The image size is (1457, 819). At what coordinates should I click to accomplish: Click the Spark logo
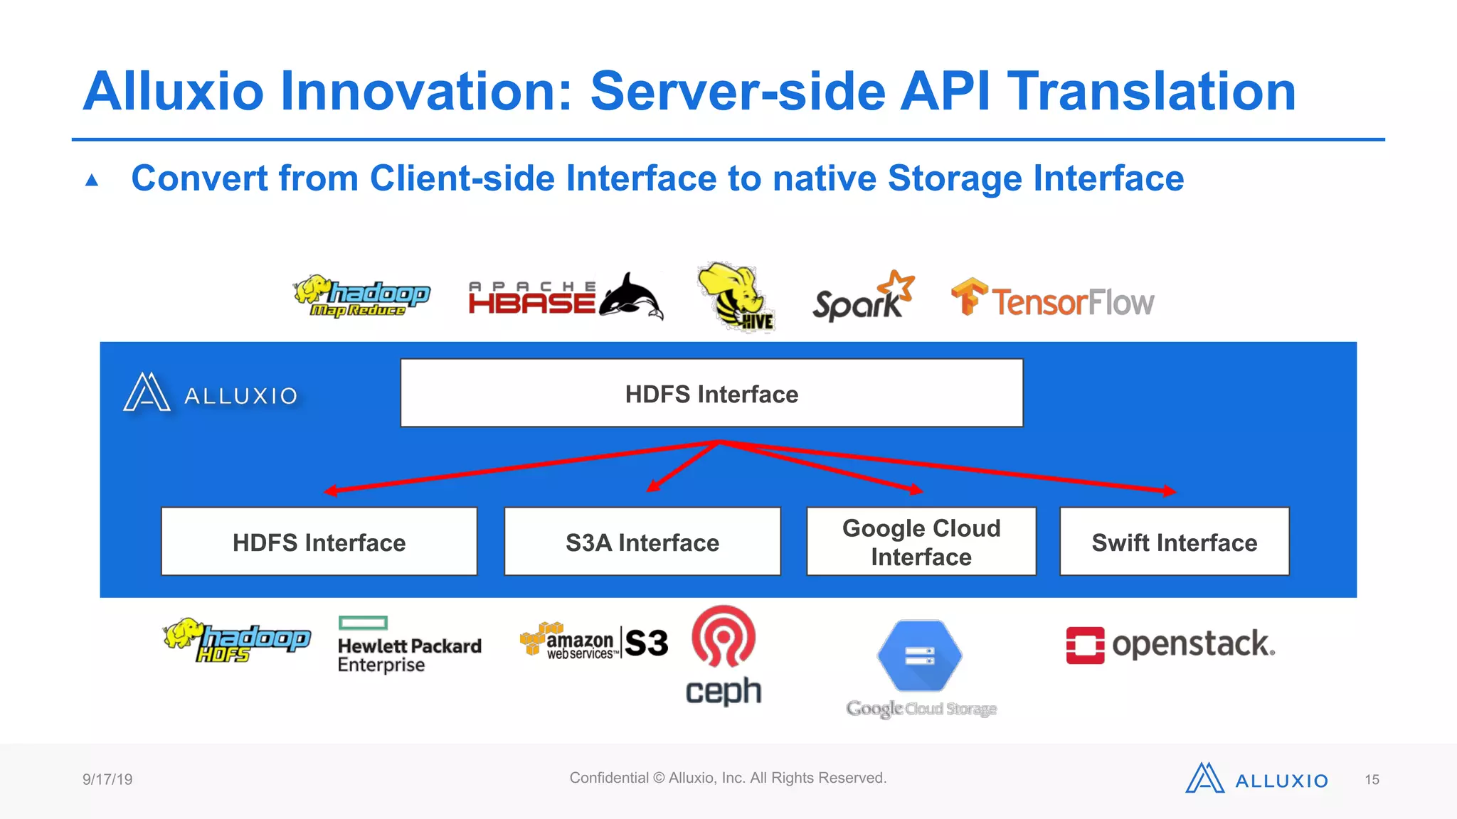[862, 297]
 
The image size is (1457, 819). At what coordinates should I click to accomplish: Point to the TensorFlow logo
[1052, 299]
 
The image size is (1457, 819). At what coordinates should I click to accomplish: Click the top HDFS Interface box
[711, 393]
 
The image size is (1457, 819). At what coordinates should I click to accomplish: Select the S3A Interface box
[642, 542]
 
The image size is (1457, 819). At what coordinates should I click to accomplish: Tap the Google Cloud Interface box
[921, 542]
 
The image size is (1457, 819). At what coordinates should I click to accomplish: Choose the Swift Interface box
[1174, 542]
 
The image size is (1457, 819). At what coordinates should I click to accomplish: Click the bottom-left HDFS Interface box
[319, 542]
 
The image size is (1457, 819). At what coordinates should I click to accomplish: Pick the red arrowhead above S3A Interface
[652, 487]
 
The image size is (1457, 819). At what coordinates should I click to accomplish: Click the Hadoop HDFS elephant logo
[237, 640]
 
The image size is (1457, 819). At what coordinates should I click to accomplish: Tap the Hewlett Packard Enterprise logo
[409, 646]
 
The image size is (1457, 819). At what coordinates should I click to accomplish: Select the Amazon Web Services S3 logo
[594, 641]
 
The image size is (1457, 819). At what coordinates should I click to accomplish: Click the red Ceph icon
[724, 636]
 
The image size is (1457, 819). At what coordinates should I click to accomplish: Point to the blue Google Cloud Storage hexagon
[920, 655]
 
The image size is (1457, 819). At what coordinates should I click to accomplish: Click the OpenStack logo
[1170, 645]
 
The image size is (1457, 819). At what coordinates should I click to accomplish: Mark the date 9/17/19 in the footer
[107, 779]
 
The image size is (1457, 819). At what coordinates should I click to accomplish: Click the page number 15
[1372, 780]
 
